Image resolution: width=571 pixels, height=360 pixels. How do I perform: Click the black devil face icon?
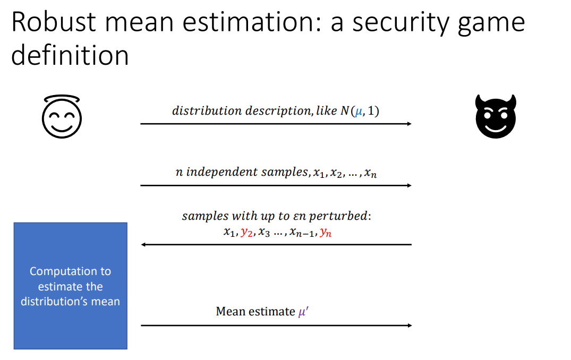point(495,117)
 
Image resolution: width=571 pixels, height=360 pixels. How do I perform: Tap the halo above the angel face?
point(62,99)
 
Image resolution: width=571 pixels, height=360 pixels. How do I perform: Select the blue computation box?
point(70,286)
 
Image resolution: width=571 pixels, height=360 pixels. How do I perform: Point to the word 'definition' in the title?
point(70,55)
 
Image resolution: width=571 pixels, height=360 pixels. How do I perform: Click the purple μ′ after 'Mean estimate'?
point(303,312)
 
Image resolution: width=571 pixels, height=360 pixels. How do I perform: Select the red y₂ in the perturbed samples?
point(246,233)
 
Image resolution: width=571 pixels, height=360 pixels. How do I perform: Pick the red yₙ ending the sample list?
point(326,233)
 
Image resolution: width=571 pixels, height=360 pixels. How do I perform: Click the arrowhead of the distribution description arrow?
point(408,124)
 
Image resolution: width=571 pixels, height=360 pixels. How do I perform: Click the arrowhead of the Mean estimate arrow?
point(408,325)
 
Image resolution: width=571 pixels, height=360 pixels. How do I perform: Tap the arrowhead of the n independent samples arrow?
point(408,185)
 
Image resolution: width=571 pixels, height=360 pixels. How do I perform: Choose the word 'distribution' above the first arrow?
point(200,111)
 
